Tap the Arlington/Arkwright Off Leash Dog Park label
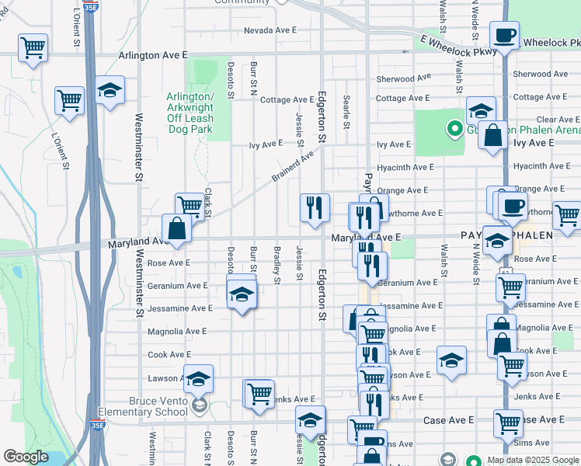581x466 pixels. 190,113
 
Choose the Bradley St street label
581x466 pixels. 277,265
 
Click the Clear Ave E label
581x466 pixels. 558,120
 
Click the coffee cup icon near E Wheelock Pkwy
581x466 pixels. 504,35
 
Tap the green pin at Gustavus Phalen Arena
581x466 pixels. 451,128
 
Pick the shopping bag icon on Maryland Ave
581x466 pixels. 177,229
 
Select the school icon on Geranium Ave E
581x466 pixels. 242,294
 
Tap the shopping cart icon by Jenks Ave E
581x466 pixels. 259,393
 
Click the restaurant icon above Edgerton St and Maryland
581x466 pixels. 315,207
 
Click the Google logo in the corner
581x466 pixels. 26,457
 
